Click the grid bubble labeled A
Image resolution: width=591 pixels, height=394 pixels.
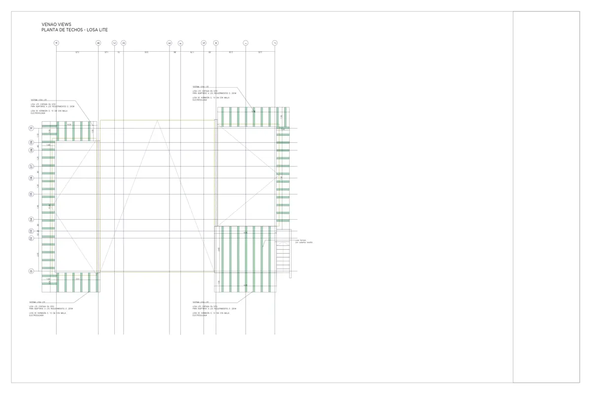coord(56,43)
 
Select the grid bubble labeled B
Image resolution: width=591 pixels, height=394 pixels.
coord(98,43)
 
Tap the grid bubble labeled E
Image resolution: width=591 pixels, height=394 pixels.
coord(169,43)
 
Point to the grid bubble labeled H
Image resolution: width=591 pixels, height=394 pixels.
coord(216,43)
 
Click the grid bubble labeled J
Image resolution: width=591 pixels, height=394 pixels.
coord(275,43)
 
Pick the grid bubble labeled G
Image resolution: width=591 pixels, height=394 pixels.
coord(204,43)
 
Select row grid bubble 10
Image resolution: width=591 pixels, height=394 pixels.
coord(31,128)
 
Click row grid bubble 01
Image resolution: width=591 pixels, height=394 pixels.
coord(31,271)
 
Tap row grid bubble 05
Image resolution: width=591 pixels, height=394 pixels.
coord(31,194)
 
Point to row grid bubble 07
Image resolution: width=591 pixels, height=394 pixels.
coord(31,166)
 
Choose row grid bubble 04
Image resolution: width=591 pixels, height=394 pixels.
coord(31,220)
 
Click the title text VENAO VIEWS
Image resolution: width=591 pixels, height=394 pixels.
coord(57,24)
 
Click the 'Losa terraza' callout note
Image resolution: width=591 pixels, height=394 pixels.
coord(303,241)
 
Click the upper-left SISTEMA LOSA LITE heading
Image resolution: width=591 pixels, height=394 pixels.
coord(38,99)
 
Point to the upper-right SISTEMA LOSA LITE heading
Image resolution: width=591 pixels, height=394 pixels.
coord(200,87)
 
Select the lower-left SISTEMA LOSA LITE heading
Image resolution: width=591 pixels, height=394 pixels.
coord(37,301)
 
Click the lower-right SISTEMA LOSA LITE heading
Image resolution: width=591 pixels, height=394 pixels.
coord(200,301)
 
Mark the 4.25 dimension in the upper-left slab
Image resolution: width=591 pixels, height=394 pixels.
coord(69,125)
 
